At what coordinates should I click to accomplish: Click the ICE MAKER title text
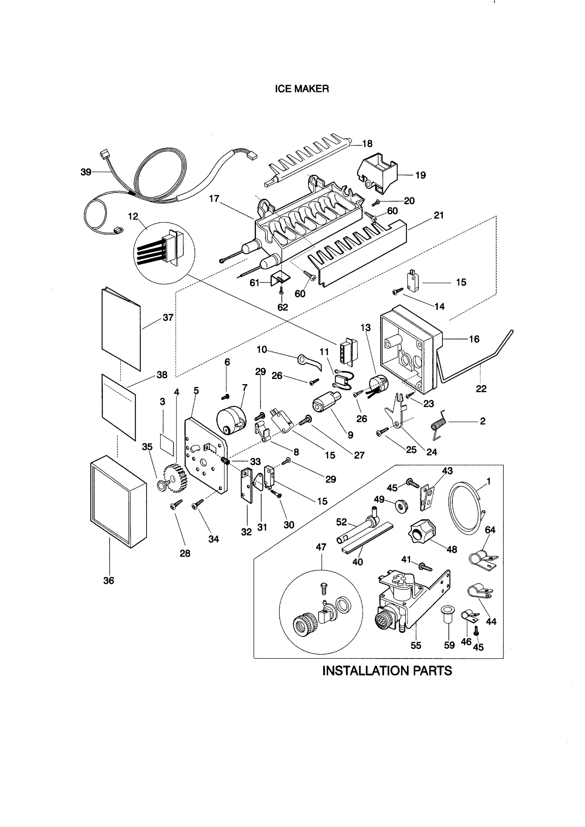pos(302,89)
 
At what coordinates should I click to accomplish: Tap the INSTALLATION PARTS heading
pos(387,671)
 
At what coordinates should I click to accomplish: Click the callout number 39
pos(86,172)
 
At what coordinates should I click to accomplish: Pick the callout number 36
pos(109,580)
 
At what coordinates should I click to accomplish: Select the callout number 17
pos(214,198)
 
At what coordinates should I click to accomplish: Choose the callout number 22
pos(481,389)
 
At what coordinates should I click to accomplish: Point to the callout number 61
pos(254,283)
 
